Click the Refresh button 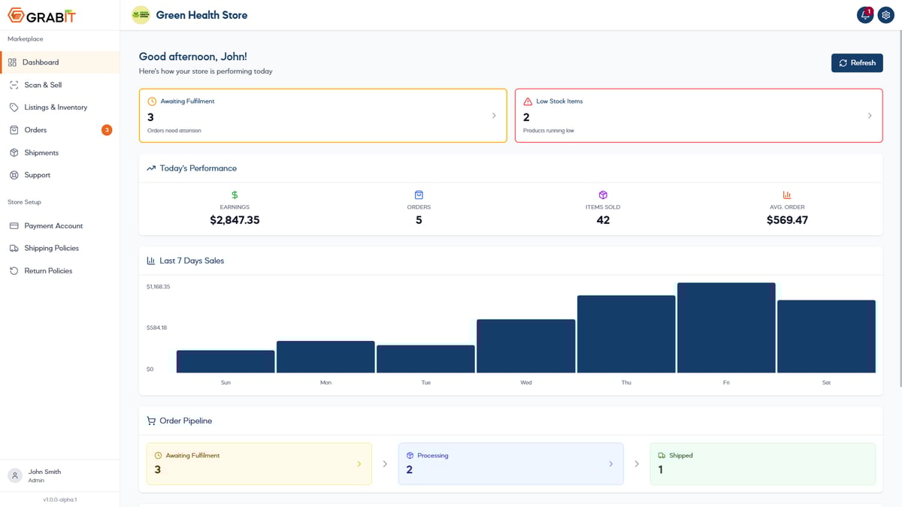pos(857,63)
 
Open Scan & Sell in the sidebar pos(43,85)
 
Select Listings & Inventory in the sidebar pos(56,107)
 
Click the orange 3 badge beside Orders pos(107,130)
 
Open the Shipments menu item pos(41,152)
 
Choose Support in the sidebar pos(37,175)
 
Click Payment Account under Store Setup pos(53,225)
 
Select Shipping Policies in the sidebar pos(51,248)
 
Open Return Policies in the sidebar pos(48,270)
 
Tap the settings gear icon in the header pos(885,15)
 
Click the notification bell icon pos(865,15)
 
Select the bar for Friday pos(726,327)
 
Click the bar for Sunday pos(225,361)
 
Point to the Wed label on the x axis pos(526,382)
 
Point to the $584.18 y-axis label pos(157,327)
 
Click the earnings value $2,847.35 pos(235,220)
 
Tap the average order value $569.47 pos(787,220)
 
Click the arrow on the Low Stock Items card pos(870,116)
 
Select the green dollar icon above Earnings pos(235,195)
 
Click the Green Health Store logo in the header pos(141,15)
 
